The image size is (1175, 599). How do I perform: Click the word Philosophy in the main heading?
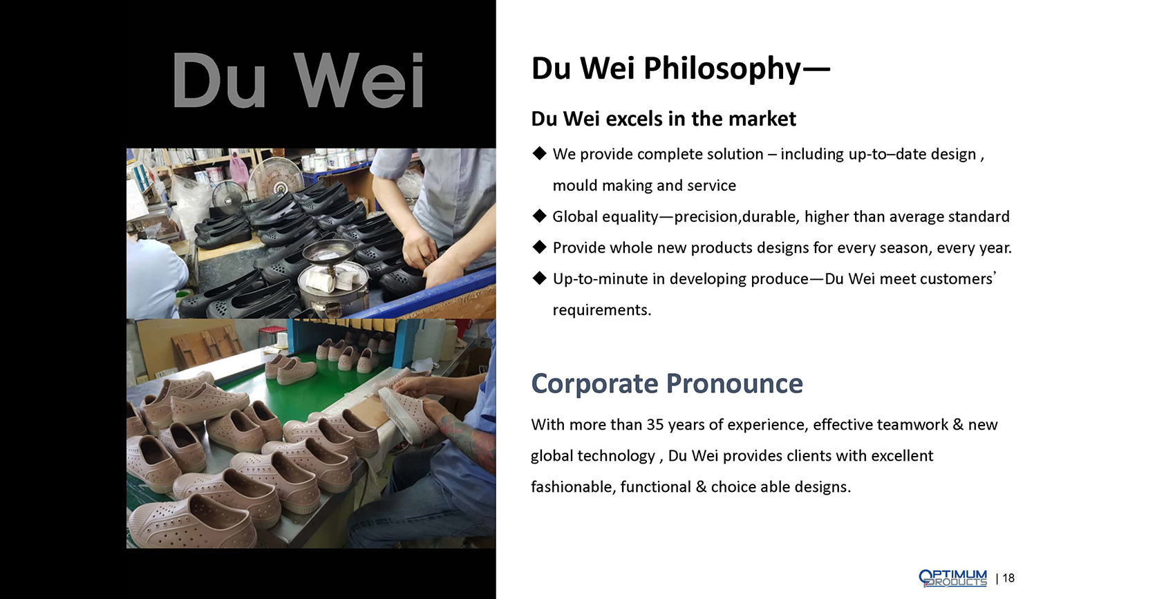click(x=722, y=69)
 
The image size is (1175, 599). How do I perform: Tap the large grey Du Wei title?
click(x=298, y=80)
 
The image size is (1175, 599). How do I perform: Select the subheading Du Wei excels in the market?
click(x=664, y=119)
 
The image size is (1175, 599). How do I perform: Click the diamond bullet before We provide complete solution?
click(x=539, y=153)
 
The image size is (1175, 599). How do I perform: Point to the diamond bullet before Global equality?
click(x=539, y=216)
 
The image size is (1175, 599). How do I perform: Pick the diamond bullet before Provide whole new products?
click(x=539, y=247)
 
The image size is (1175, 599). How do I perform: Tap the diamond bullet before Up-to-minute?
click(x=539, y=278)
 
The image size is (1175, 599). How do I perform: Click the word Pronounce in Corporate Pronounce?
click(x=734, y=384)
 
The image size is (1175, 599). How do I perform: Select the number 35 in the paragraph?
click(x=655, y=424)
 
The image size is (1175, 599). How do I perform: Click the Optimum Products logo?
click(x=952, y=578)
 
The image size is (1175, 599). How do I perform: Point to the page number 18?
click(x=1008, y=578)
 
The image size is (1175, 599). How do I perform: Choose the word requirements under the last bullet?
click(x=601, y=310)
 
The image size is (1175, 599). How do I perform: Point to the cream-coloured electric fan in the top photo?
click(x=275, y=178)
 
